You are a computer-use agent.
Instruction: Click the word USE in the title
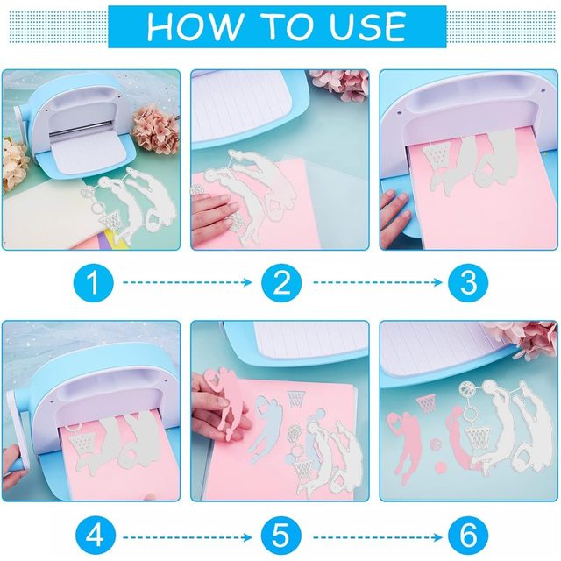[x=367, y=26]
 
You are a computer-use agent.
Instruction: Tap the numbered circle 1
[x=94, y=282]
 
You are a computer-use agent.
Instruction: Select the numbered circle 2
[x=281, y=282]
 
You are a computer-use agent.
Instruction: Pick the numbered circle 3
[x=468, y=282]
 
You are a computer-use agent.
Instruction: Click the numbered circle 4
[x=96, y=536]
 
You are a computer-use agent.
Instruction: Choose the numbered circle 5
[x=281, y=536]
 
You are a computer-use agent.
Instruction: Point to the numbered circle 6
[x=468, y=536]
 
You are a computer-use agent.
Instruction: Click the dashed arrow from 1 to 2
[x=188, y=282]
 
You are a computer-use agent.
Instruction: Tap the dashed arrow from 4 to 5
[x=188, y=537]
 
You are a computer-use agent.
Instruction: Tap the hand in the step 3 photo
[x=395, y=216]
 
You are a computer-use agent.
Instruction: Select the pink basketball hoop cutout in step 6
[x=426, y=403]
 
